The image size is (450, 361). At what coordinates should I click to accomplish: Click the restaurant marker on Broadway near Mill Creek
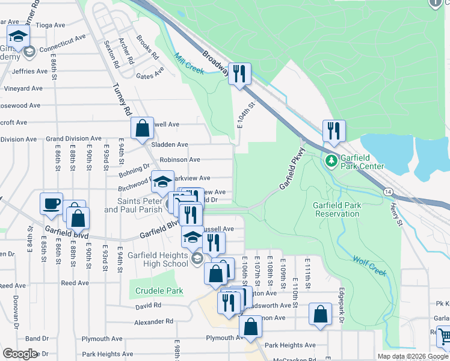click(x=239, y=74)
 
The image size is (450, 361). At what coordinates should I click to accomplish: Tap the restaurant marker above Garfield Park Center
click(x=333, y=131)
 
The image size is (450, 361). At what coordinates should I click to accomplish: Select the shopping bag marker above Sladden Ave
click(x=143, y=128)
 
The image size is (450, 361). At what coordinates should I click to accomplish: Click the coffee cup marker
click(x=52, y=203)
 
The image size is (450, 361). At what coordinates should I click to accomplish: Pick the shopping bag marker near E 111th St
click(x=321, y=314)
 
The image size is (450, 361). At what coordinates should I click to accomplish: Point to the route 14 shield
click(x=387, y=191)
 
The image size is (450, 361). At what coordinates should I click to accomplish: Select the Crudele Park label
click(x=159, y=291)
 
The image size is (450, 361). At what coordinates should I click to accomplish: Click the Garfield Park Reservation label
click(x=337, y=209)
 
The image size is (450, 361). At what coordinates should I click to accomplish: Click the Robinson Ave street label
click(x=179, y=160)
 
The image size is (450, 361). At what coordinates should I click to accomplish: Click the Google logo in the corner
click(x=20, y=353)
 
